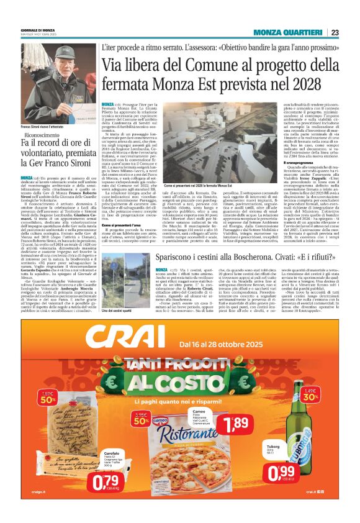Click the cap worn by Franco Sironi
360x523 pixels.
point(58,52)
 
